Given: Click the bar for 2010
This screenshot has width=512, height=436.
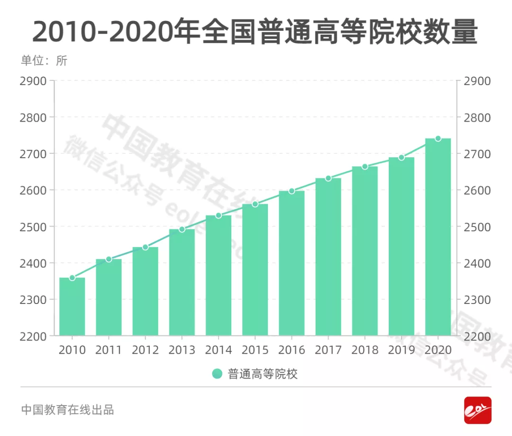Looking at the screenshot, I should click(72, 306).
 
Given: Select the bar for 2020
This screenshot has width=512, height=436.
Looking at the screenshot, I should click(438, 237).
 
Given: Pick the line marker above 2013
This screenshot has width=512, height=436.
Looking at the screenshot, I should click(182, 229).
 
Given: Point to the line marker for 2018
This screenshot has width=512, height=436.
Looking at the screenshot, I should click(365, 167).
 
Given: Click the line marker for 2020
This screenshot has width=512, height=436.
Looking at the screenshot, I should click(438, 139).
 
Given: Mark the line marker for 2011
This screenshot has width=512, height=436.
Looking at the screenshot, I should click(109, 259).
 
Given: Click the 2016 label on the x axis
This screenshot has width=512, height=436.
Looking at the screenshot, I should click(292, 350).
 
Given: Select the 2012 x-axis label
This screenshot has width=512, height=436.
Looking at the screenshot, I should click(146, 350).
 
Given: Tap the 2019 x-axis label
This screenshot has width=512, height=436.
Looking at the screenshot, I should click(402, 350).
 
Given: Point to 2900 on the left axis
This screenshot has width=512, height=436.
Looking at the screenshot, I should click(34, 81).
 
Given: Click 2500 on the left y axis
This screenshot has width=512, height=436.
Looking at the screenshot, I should click(34, 227).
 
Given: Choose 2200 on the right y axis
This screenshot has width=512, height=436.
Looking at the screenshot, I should click(477, 336).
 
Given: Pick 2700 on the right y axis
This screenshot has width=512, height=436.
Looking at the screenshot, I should click(477, 154).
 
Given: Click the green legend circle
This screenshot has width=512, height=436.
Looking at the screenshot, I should click(217, 374).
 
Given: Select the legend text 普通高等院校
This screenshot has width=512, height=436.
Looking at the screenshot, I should click(263, 374).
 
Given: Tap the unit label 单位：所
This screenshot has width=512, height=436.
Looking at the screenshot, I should click(44, 61).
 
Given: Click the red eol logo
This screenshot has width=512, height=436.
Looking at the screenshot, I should click(477, 410).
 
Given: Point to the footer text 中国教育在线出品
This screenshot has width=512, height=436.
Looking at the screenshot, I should click(67, 410).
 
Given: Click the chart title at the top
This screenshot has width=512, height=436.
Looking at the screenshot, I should click(255, 32).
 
